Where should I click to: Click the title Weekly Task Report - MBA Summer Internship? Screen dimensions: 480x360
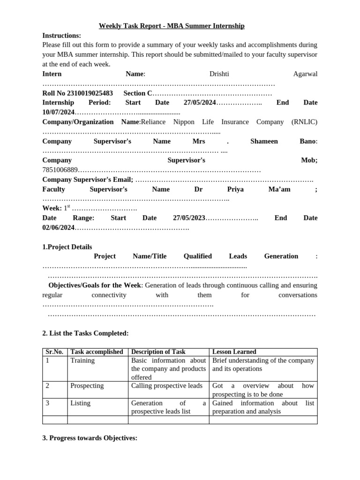tap(172, 26)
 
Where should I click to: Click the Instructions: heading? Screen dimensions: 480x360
tap(61, 36)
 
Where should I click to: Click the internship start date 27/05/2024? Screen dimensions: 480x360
tap(200, 103)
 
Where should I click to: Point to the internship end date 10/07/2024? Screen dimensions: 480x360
tap(59, 112)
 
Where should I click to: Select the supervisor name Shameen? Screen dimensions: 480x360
tap(264, 141)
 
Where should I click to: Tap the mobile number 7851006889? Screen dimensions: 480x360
tap(60, 170)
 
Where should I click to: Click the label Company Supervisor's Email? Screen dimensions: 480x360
tap(88, 180)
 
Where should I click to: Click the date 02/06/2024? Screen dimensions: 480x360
tap(59, 228)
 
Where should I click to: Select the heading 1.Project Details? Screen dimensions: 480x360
tap(67, 247)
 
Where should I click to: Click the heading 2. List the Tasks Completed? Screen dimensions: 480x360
tap(85, 333)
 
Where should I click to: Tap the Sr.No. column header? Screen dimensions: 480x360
tap(54, 352)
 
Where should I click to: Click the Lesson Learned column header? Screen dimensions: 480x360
tap(234, 352)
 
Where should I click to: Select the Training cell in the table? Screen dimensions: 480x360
tap(82, 360)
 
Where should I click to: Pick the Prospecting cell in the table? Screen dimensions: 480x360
tap(87, 386)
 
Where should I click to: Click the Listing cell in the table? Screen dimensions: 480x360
tap(80, 403)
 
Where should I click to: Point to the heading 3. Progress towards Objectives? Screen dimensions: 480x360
tap(90, 438)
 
